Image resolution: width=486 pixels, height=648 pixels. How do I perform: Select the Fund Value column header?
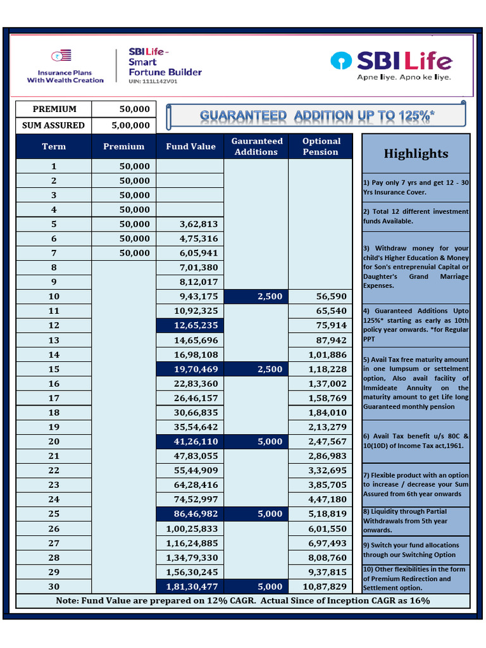tap(190, 146)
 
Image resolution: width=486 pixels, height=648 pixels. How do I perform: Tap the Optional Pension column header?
tap(321, 146)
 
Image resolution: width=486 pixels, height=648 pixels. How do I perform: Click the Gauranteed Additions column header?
tap(256, 146)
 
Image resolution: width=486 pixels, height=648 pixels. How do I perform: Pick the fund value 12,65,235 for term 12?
tap(190, 325)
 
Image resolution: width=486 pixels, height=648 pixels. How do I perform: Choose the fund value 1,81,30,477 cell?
tap(190, 587)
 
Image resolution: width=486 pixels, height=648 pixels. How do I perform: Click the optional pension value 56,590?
tap(321, 296)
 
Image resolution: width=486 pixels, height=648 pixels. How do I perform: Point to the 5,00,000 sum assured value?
tap(130, 125)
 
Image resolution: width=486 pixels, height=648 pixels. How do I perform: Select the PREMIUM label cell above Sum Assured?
tap(54, 109)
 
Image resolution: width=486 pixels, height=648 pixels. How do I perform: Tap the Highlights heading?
tap(416, 154)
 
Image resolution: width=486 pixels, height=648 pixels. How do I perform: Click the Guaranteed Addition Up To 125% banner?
tap(317, 116)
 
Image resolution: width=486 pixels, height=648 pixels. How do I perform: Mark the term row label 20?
tap(54, 442)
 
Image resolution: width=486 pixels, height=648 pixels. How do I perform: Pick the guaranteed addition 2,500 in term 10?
tap(256, 296)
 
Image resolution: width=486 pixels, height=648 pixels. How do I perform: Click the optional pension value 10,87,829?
tap(321, 587)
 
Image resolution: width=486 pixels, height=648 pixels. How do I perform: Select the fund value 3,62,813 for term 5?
tap(190, 224)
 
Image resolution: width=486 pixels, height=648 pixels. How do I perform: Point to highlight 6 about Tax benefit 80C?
tap(416, 440)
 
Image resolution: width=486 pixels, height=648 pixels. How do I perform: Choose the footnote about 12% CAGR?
tap(243, 600)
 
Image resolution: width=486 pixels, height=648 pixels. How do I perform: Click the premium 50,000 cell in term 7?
tap(124, 253)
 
